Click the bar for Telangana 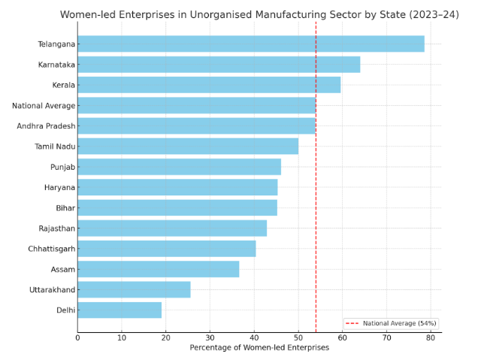coord(250,44)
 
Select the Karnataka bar coord(219,65)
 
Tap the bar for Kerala coord(209,85)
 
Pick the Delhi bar coord(119,310)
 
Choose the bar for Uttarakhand coord(134,289)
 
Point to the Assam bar coord(158,269)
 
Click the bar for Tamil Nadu coord(188,147)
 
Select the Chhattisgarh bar coord(166,249)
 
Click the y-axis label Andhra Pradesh coord(46,126)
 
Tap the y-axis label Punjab coord(62,167)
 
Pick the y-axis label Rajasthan coord(56,228)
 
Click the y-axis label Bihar coord(65,208)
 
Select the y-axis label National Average coord(44,106)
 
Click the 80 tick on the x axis coord(431,338)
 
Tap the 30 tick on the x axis coord(210,338)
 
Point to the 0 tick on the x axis coord(77,338)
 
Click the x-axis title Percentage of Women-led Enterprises coord(259,348)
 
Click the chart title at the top coord(259,15)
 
